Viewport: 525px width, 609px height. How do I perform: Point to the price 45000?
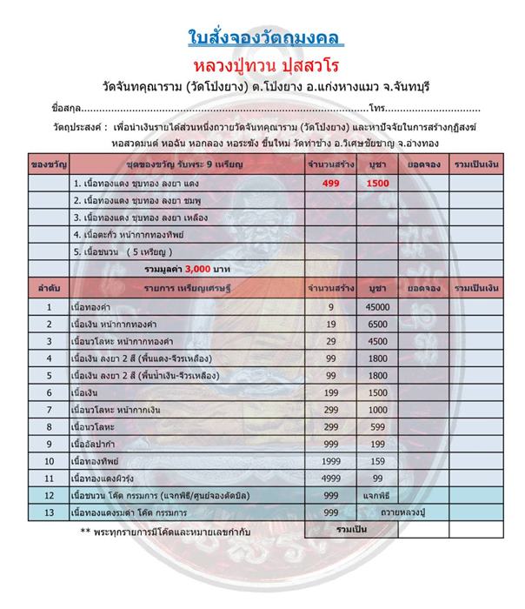click(x=377, y=307)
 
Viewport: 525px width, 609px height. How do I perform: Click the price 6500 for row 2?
click(x=377, y=324)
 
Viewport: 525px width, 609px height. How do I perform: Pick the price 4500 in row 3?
click(x=377, y=341)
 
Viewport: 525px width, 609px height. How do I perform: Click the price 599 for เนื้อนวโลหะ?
click(x=377, y=426)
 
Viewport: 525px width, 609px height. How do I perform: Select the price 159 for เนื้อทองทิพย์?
click(x=377, y=461)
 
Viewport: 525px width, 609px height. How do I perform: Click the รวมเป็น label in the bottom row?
click(x=376, y=528)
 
